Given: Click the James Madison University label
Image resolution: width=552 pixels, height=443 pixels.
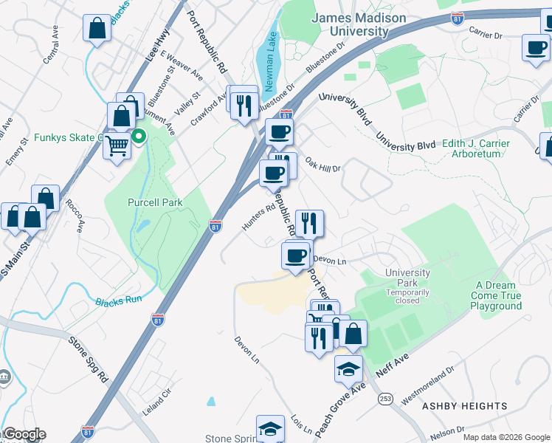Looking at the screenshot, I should tap(359, 24).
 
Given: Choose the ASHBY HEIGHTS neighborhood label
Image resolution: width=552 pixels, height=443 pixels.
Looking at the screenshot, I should tap(464, 406).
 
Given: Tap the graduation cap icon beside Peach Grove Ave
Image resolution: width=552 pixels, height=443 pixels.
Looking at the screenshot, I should tap(349, 368).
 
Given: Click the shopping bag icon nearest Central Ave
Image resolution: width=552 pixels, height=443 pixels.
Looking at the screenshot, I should tap(97, 29).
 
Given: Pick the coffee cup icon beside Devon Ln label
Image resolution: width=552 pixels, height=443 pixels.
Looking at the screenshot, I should tap(296, 255).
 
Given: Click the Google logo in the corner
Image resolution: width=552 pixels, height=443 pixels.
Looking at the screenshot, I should tap(24, 434).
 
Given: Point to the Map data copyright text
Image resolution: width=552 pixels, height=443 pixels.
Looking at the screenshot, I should tap(506, 437).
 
